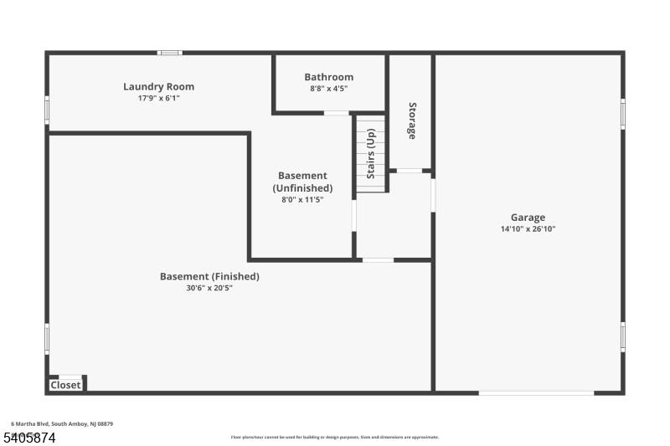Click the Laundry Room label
[x=158, y=86]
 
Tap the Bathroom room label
[x=328, y=77]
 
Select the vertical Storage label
[x=412, y=120]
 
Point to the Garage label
[x=529, y=218]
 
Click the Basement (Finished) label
[x=209, y=276]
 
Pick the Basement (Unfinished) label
[x=302, y=182]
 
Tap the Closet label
[x=65, y=385]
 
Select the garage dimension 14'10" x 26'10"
[x=529, y=228]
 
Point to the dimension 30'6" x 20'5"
[x=209, y=288]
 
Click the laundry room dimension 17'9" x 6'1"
[x=158, y=98]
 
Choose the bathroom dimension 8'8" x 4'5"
[x=328, y=88]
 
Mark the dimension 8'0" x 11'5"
[x=302, y=200]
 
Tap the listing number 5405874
[x=31, y=436]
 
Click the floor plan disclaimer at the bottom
[x=335, y=437]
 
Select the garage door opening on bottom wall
[x=536, y=392]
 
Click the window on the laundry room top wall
[x=170, y=54]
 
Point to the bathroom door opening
[x=337, y=113]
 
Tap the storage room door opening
[x=410, y=171]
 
